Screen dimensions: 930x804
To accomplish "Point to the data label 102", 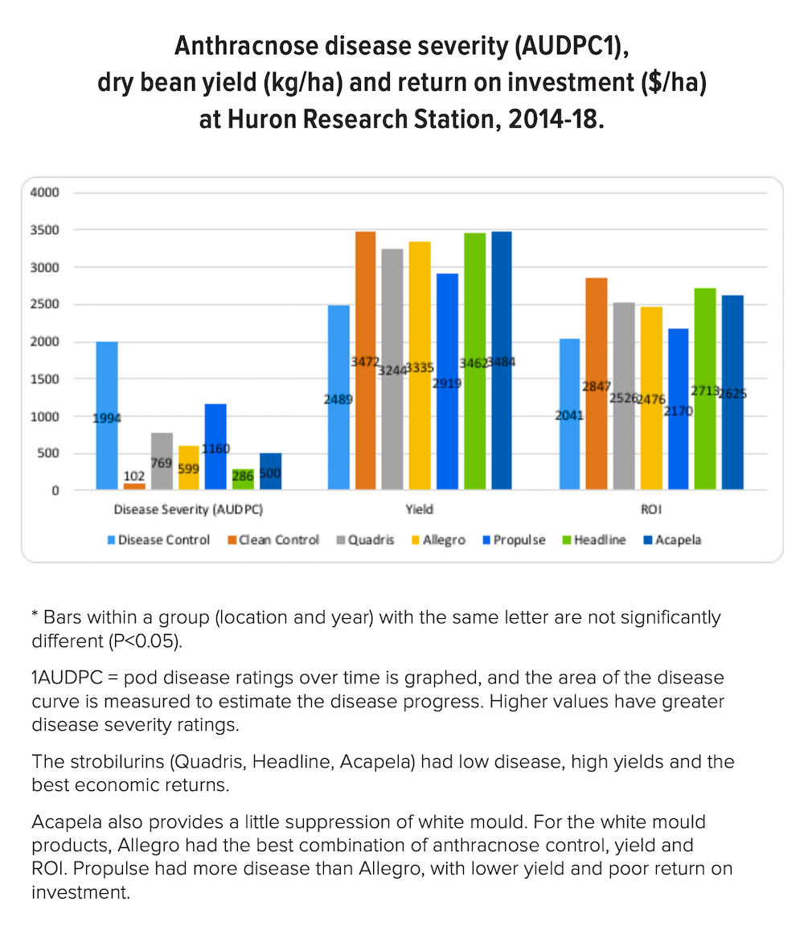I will (x=134, y=476).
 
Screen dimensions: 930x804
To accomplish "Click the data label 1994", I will (x=107, y=417).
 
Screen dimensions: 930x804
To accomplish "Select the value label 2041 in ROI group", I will (x=568, y=416).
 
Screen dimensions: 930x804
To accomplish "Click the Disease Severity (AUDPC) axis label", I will (x=189, y=510).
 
